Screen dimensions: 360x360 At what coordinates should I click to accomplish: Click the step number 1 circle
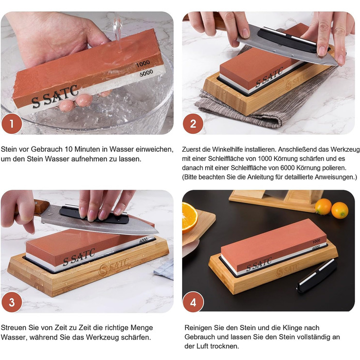(x=12, y=124)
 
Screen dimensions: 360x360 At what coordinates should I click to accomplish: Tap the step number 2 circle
(x=193, y=124)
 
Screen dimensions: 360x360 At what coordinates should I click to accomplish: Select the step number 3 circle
(x=12, y=302)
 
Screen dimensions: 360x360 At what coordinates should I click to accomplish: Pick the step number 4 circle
(x=193, y=302)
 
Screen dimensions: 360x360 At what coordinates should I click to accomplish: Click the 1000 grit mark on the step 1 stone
(x=143, y=64)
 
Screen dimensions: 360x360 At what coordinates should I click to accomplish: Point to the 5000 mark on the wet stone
(x=146, y=73)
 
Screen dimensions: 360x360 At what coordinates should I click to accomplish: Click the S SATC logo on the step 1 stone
(x=55, y=97)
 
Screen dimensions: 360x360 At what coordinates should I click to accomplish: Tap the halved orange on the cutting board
(x=189, y=218)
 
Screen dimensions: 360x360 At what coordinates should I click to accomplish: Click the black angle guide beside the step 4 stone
(x=316, y=277)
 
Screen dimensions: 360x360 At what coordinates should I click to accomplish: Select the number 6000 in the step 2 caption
(x=287, y=168)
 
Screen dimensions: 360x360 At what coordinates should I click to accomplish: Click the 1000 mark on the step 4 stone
(x=316, y=241)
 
